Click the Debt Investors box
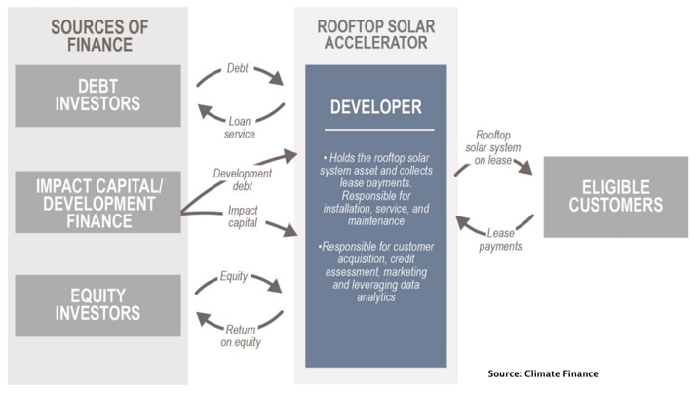(98, 96)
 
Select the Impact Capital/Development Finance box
(98, 202)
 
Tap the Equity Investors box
(98, 305)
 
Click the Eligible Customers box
(616, 197)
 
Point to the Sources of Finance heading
(99, 36)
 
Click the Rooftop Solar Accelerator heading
(376, 35)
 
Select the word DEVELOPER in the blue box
(376, 107)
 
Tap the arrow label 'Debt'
(238, 68)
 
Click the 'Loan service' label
(239, 128)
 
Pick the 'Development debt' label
(243, 179)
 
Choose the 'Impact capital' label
(243, 216)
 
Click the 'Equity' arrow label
(234, 276)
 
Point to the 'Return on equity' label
(241, 335)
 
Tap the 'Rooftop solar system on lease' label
(492, 147)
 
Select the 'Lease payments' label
(500, 239)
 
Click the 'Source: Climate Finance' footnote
(543, 373)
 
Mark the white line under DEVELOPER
(379, 130)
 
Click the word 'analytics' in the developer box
(376, 297)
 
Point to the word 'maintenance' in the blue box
(376, 221)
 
